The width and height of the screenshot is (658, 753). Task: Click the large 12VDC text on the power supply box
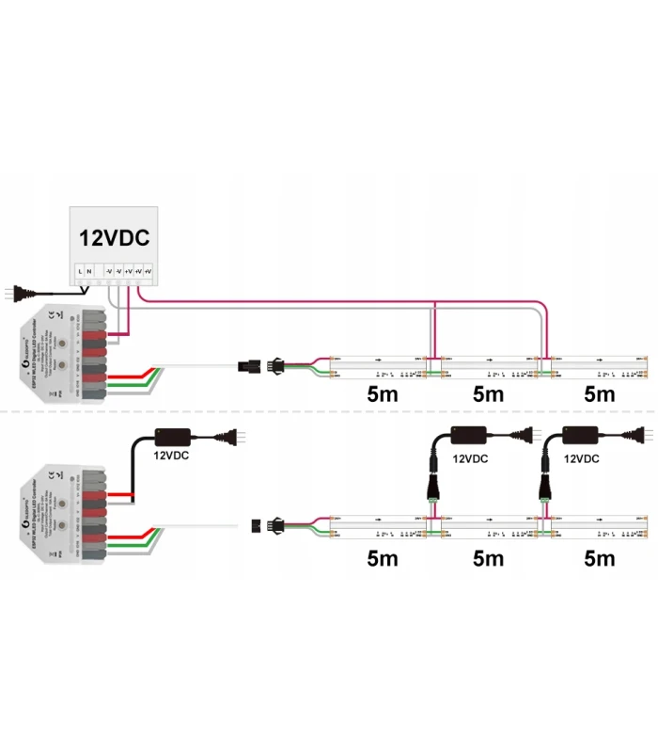(x=114, y=239)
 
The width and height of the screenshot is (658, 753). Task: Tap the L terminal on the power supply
(x=80, y=272)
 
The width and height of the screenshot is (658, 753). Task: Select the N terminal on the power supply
(x=90, y=272)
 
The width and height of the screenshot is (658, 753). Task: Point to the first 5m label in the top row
(x=383, y=393)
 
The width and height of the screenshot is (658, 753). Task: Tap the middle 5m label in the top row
(x=489, y=393)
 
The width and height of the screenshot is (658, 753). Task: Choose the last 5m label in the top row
(x=599, y=393)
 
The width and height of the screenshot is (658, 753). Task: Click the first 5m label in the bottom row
(x=383, y=559)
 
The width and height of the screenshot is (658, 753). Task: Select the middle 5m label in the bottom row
(x=489, y=559)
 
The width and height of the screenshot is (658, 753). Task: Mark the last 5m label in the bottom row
(x=599, y=559)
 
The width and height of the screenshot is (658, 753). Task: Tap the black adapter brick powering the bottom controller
(x=173, y=436)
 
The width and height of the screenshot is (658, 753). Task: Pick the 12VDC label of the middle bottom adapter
(x=471, y=460)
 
